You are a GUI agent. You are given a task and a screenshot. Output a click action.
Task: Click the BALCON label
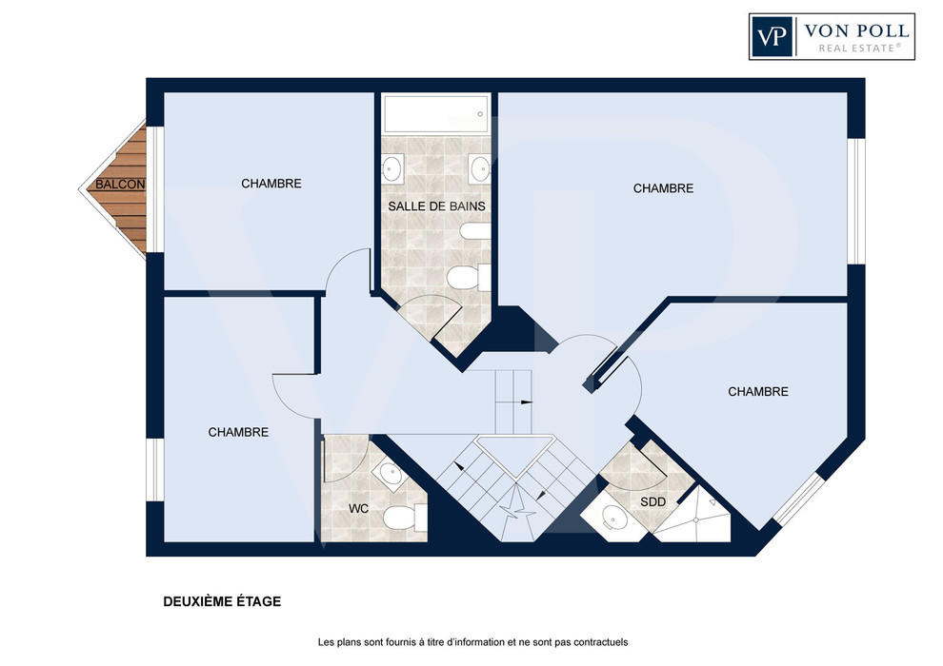point(120,185)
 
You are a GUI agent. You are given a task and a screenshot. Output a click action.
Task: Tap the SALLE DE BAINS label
point(436,206)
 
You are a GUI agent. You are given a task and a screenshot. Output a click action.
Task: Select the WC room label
point(358,509)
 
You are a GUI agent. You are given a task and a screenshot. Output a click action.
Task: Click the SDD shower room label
point(652,502)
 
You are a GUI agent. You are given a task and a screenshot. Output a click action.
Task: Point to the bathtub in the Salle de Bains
point(436,113)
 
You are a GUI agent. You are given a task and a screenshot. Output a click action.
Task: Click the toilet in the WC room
point(404,517)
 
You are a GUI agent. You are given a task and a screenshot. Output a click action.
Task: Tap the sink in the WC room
point(391,473)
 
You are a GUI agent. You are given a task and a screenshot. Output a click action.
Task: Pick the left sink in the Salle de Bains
point(392,168)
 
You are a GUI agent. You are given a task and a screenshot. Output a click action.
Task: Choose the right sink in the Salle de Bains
point(480,168)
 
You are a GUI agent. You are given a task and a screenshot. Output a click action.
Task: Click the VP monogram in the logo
point(772,37)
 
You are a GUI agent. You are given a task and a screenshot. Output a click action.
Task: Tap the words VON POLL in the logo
point(856,30)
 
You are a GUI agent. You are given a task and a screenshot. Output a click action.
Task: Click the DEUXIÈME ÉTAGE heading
point(222,601)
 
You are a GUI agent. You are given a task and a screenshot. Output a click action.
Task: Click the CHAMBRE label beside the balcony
point(271,184)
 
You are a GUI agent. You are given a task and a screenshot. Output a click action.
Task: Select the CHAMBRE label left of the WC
point(238,432)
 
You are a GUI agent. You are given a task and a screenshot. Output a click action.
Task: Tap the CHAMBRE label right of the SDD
point(758,392)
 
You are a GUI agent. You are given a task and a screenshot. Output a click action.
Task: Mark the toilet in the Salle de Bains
point(469,278)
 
